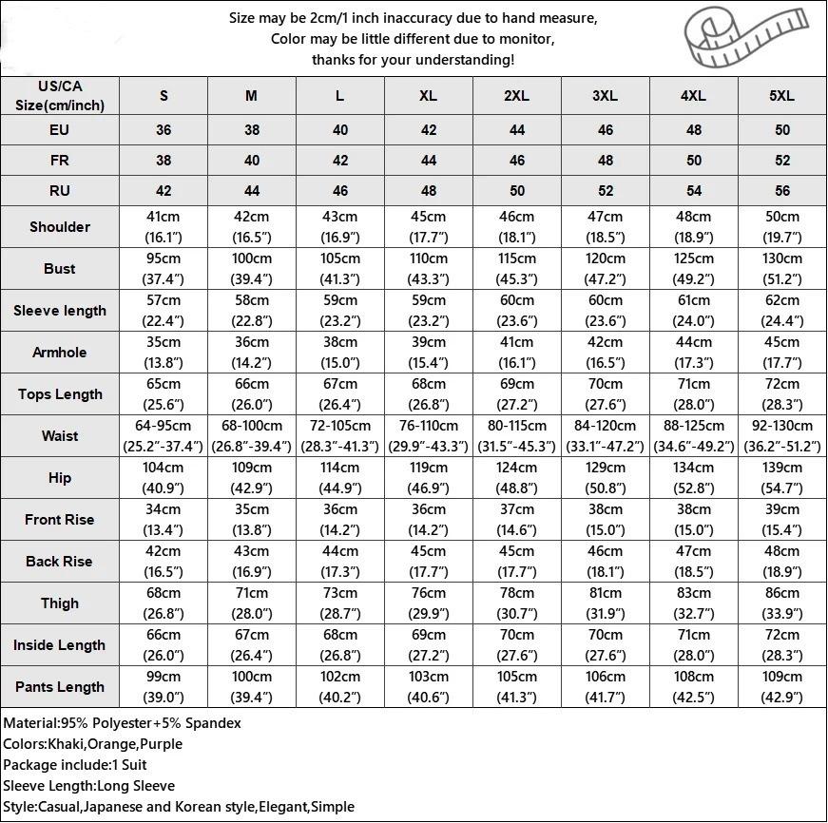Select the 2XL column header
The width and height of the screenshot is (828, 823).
click(517, 96)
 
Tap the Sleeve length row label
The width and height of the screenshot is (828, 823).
click(60, 311)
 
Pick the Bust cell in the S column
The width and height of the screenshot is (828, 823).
click(164, 269)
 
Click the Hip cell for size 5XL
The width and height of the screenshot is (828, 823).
click(782, 478)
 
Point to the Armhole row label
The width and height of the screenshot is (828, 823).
click(60, 353)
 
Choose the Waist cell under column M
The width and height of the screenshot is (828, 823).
click(252, 436)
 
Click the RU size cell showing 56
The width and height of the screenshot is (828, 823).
click(782, 191)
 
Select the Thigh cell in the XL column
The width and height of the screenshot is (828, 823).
click(429, 603)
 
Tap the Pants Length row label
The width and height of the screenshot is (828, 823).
click(60, 687)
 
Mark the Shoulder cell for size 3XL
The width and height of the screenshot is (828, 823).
click(606, 227)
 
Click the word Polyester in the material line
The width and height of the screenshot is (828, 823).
click(122, 723)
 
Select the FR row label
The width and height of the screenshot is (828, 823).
click(60, 161)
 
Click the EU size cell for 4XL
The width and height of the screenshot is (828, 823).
click(694, 130)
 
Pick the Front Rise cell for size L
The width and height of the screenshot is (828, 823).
click(340, 520)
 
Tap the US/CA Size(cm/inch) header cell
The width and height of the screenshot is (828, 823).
click(60, 96)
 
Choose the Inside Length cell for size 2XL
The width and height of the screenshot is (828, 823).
click(517, 645)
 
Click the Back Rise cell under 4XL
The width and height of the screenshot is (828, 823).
click(694, 562)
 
